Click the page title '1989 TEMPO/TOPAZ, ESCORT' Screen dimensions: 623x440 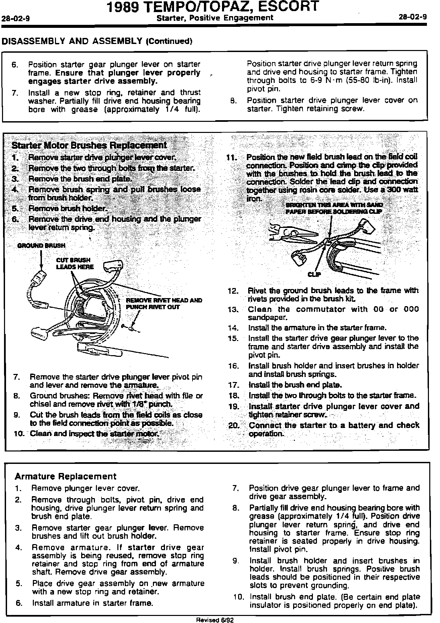click(212, 7)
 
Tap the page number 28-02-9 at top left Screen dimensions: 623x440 click(16, 19)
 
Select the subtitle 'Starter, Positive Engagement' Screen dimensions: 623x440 click(215, 18)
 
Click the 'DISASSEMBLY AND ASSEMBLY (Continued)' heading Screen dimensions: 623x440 click(97, 41)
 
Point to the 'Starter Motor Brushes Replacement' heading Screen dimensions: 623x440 click(89, 145)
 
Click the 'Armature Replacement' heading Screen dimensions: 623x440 click(66, 476)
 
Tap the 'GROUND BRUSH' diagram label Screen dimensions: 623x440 click(41, 245)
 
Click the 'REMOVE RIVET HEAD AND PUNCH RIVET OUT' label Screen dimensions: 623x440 click(164, 303)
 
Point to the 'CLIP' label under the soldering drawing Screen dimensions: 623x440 click(314, 275)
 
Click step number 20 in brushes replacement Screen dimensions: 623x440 click(233, 426)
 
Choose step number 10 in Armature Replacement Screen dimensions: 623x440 click(240, 597)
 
